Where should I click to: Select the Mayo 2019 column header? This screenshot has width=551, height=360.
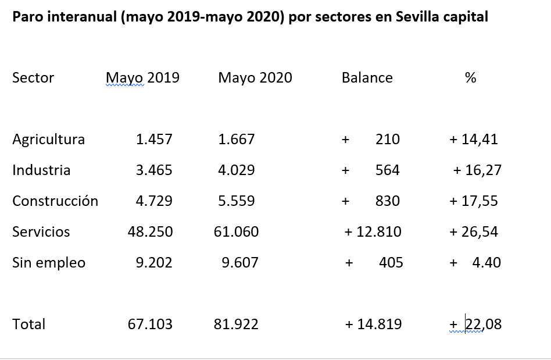click(142, 78)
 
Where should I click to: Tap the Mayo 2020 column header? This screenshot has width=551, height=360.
click(255, 78)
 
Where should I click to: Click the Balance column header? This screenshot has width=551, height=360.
click(367, 78)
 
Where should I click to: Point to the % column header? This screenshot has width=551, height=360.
click(470, 78)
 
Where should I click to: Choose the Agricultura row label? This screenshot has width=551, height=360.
click(48, 140)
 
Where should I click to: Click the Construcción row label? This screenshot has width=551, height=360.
click(55, 201)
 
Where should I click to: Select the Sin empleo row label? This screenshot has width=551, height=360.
click(49, 263)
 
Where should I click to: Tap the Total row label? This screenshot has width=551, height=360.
click(28, 324)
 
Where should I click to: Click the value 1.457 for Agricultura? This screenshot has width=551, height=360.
click(154, 140)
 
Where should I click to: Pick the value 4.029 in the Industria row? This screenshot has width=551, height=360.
click(237, 170)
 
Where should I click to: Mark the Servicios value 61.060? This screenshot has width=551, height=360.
click(237, 232)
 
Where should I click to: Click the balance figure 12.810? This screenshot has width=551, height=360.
click(379, 232)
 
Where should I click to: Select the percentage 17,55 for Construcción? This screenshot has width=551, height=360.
click(480, 201)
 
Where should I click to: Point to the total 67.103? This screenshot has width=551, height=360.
click(150, 324)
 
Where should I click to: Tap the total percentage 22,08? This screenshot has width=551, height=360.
click(483, 324)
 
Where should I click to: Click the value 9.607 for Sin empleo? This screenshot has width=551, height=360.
click(240, 263)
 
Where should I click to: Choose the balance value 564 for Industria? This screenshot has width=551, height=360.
click(388, 170)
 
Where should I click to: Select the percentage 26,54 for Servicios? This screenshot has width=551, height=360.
click(480, 232)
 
